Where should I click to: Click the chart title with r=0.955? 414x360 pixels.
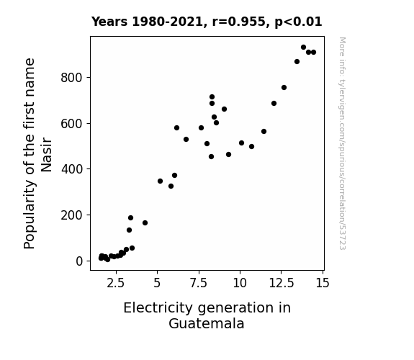tap(207, 22)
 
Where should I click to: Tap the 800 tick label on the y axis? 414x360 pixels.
tap(71, 78)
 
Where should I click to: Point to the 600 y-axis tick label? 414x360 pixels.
tap(71, 124)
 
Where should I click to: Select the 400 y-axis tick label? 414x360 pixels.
tap(72, 169)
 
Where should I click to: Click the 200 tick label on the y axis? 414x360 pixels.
tap(71, 215)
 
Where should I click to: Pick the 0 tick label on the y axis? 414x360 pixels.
tap(79, 261)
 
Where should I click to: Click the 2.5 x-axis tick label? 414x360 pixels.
tap(116, 283)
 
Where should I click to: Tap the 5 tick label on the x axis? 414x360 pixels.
tap(157, 283)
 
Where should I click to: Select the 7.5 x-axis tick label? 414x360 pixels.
tap(199, 283)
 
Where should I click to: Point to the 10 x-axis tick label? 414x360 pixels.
tap(240, 283)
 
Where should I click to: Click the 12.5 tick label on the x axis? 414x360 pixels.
tap(282, 283)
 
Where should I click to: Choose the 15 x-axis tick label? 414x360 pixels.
tap(323, 283)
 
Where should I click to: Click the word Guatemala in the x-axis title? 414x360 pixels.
tap(207, 323)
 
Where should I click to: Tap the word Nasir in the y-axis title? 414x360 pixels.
tap(47, 155)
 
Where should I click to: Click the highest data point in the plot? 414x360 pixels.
tap(303, 48)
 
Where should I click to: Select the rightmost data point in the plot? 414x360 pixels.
tap(313, 53)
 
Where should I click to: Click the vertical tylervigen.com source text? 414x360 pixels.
tap(342, 143)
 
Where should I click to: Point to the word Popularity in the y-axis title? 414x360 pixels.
tap(30, 215)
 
